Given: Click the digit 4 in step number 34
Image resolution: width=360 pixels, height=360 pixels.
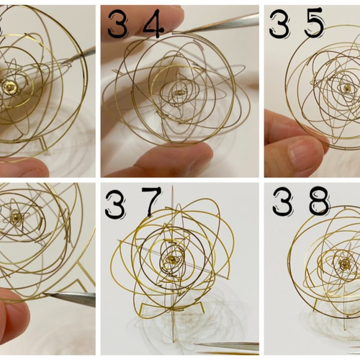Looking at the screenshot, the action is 153,24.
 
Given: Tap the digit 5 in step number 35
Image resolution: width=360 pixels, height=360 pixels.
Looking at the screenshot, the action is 315,23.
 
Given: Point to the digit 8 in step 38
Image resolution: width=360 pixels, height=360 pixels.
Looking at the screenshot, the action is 319,201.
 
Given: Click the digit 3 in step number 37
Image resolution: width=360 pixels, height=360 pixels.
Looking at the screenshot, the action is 116,204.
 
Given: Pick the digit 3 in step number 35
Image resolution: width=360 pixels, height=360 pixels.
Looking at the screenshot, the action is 279,24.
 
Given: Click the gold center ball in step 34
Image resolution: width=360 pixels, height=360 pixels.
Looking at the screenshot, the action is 179,92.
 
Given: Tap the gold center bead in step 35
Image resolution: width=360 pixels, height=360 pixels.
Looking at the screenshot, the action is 347,88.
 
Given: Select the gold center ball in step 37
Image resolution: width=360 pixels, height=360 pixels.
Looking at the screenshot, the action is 172,258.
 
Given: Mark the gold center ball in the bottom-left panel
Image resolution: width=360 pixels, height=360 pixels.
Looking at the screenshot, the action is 15,217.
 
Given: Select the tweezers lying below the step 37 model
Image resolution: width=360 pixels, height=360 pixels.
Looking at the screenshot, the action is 227,347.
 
